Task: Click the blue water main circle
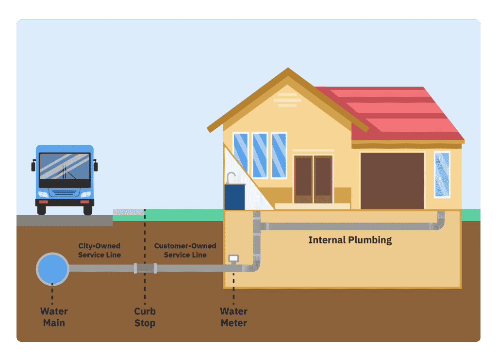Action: [52, 269]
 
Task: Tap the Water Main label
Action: [54, 317]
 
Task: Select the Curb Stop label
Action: [145, 317]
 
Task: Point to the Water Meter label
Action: [233, 317]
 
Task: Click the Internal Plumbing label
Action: [350, 240]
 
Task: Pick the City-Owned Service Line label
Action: [99, 250]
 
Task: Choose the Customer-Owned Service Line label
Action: [185, 250]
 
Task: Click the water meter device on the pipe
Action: [234, 259]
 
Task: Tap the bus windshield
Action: [65, 166]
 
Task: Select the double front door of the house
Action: [313, 179]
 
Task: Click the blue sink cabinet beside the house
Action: [235, 197]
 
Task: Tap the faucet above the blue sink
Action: [231, 177]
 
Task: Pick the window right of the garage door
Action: [442, 174]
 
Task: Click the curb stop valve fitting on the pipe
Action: [145, 268]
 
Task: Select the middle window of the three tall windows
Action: [260, 155]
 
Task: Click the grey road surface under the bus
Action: [63, 220]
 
